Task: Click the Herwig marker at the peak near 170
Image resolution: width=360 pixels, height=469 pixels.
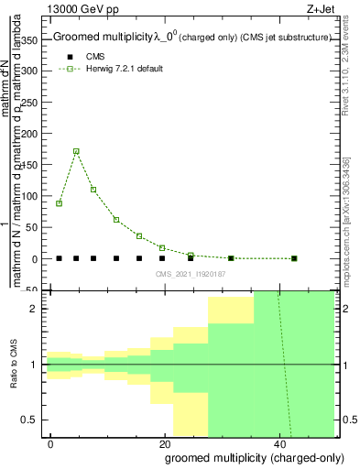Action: click(76, 151)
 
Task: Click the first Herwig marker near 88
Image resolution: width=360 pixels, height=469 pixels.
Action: click(60, 203)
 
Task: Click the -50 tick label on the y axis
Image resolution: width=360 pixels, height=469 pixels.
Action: click(31, 290)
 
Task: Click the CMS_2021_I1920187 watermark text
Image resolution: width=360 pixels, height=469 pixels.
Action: click(190, 274)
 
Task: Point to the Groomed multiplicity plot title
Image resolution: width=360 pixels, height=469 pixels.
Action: click(119, 38)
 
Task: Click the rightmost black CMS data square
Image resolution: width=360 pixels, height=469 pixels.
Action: click(294, 258)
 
